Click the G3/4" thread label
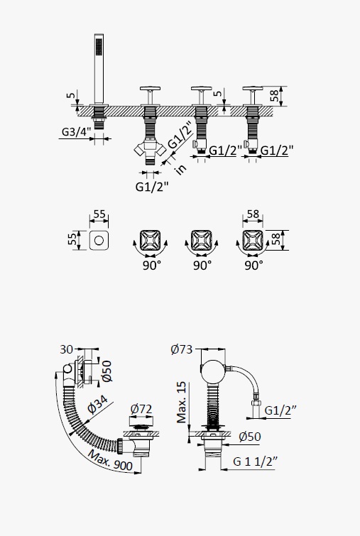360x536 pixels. click(x=77, y=131)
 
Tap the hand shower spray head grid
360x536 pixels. click(x=99, y=46)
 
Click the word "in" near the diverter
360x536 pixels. click(x=180, y=168)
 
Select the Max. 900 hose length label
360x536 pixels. click(x=111, y=461)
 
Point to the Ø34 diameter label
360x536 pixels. click(x=97, y=405)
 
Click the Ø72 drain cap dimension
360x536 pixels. click(x=141, y=409)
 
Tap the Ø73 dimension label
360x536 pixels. click(x=182, y=349)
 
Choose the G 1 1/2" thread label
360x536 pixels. click(x=255, y=461)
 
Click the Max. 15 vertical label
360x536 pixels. click(x=182, y=403)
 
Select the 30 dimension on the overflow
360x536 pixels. click(x=66, y=349)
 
